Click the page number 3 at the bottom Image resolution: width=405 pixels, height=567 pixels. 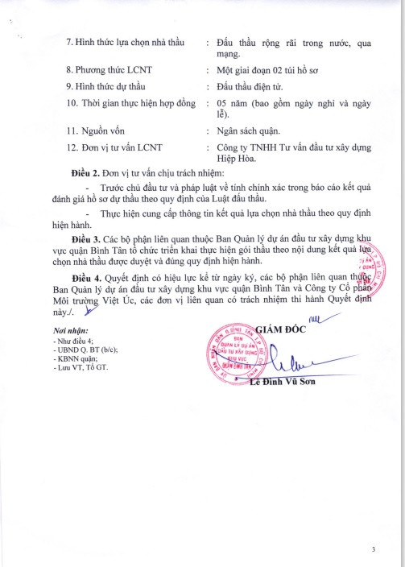click(x=374, y=549)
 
